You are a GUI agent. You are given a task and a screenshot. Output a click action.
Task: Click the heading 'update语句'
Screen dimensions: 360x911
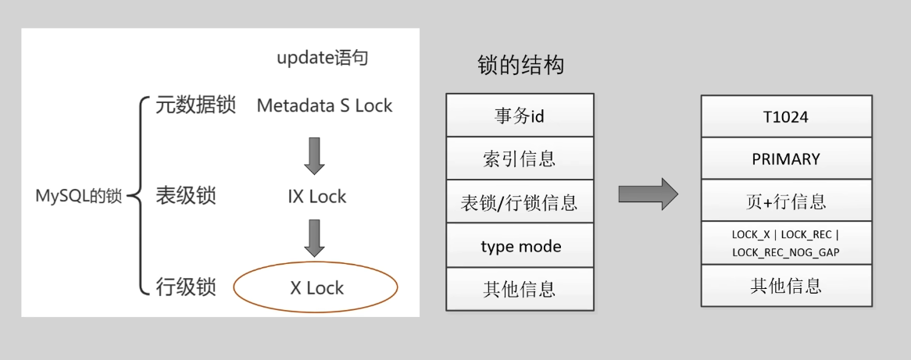pos(322,58)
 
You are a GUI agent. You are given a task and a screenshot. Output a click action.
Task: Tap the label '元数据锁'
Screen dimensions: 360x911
pos(195,105)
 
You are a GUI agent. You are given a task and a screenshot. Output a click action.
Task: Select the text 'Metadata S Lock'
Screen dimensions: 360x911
pos(324,106)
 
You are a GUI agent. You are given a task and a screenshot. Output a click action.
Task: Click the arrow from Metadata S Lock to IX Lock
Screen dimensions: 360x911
pos(314,155)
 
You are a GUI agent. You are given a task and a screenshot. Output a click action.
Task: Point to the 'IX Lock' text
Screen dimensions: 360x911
pos(316,197)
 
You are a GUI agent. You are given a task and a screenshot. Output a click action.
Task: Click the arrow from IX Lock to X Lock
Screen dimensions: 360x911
pos(314,238)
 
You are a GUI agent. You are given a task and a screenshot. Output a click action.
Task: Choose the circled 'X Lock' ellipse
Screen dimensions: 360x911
pos(316,287)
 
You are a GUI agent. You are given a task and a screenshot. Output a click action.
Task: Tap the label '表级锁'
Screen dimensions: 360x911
pos(185,196)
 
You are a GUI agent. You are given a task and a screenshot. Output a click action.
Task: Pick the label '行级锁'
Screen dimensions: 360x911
pos(185,287)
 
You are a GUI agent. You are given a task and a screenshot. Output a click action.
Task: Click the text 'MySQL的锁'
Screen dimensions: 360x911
pos(79,196)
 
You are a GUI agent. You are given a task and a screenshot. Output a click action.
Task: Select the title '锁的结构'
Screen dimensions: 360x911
pos(520,66)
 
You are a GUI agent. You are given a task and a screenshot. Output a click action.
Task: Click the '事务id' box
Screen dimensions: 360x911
pos(520,116)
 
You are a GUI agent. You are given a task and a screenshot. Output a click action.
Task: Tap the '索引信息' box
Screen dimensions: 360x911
pos(520,159)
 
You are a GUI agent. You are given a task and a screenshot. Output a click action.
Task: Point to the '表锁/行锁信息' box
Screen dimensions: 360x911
pos(520,202)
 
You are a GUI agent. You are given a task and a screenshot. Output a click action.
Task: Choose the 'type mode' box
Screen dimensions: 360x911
pos(520,246)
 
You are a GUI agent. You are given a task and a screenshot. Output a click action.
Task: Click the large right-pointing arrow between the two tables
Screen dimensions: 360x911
pos(648,194)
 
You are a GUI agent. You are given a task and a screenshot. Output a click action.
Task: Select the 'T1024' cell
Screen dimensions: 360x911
pos(785,117)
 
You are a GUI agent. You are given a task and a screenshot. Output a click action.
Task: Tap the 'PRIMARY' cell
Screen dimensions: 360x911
pos(785,159)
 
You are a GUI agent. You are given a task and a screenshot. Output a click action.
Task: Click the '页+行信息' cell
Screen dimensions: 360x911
pos(785,201)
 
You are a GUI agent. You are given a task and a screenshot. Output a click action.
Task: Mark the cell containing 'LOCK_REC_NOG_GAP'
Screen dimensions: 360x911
pos(785,243)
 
